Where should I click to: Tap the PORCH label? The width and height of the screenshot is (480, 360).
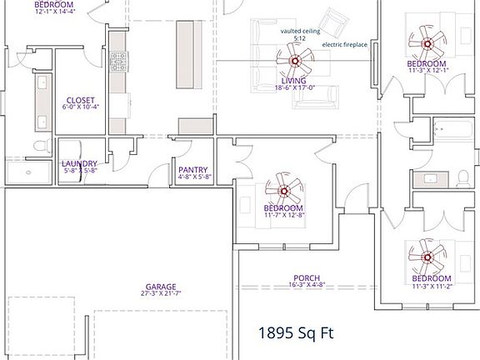[x=307, y=277]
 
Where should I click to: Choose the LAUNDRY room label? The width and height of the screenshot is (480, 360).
[x=80, y=163]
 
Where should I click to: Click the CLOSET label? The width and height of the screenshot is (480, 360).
[x=81, y=99]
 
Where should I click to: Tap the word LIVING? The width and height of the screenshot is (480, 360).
[x=294, y=80]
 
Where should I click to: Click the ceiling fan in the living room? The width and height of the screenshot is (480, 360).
[x=294, y=59]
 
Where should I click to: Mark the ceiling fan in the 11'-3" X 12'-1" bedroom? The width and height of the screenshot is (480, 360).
[x=426, y=42]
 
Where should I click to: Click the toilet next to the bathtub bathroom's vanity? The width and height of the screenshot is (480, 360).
[x=462, y=178]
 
